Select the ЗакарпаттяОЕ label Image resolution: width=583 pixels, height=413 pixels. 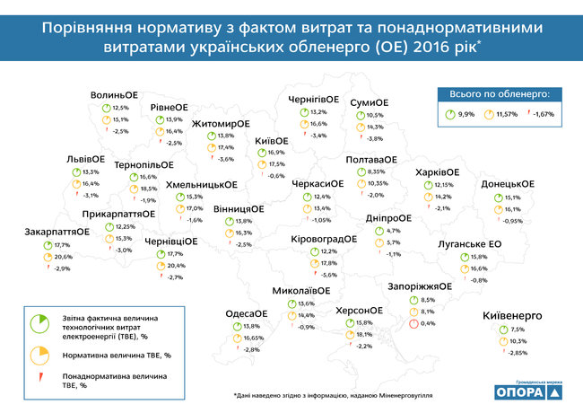click(57, 233)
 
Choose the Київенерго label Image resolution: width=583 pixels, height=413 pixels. click(514, 317)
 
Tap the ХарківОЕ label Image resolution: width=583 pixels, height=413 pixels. click(439, 172)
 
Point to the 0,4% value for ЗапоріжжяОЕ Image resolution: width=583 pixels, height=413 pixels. click(428, 323)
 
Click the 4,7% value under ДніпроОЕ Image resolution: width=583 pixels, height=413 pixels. click(394, 231)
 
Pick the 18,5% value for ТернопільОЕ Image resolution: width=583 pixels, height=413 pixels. click(149, 189)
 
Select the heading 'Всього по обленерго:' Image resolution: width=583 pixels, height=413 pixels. click(499, 92)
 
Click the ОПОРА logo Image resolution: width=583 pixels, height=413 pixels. click(528, 392)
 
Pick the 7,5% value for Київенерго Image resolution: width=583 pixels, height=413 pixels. click(517, 330)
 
